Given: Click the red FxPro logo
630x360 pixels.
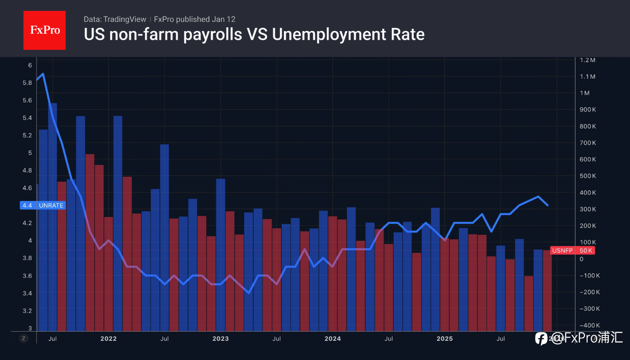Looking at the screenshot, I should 44,30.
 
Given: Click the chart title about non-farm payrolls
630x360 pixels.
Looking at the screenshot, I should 254,34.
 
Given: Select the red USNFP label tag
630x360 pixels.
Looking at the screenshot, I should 562,250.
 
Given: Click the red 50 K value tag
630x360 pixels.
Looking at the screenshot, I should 586,250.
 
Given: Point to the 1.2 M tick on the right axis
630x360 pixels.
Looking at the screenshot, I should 587,60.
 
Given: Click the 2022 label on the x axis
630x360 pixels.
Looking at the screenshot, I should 108,339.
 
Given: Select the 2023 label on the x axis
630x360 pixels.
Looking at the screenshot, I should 220,339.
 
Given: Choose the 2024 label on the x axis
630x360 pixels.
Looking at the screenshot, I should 332,339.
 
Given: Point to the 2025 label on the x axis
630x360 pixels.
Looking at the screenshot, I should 444,339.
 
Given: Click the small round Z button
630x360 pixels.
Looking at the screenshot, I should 23,339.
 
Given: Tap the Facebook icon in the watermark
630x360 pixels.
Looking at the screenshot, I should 541,339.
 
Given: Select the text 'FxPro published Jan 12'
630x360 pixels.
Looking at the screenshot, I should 194,19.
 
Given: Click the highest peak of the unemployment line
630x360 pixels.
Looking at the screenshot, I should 43,74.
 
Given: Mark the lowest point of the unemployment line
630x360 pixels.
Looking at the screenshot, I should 249,293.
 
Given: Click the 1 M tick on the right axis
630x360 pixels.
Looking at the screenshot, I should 585,93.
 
